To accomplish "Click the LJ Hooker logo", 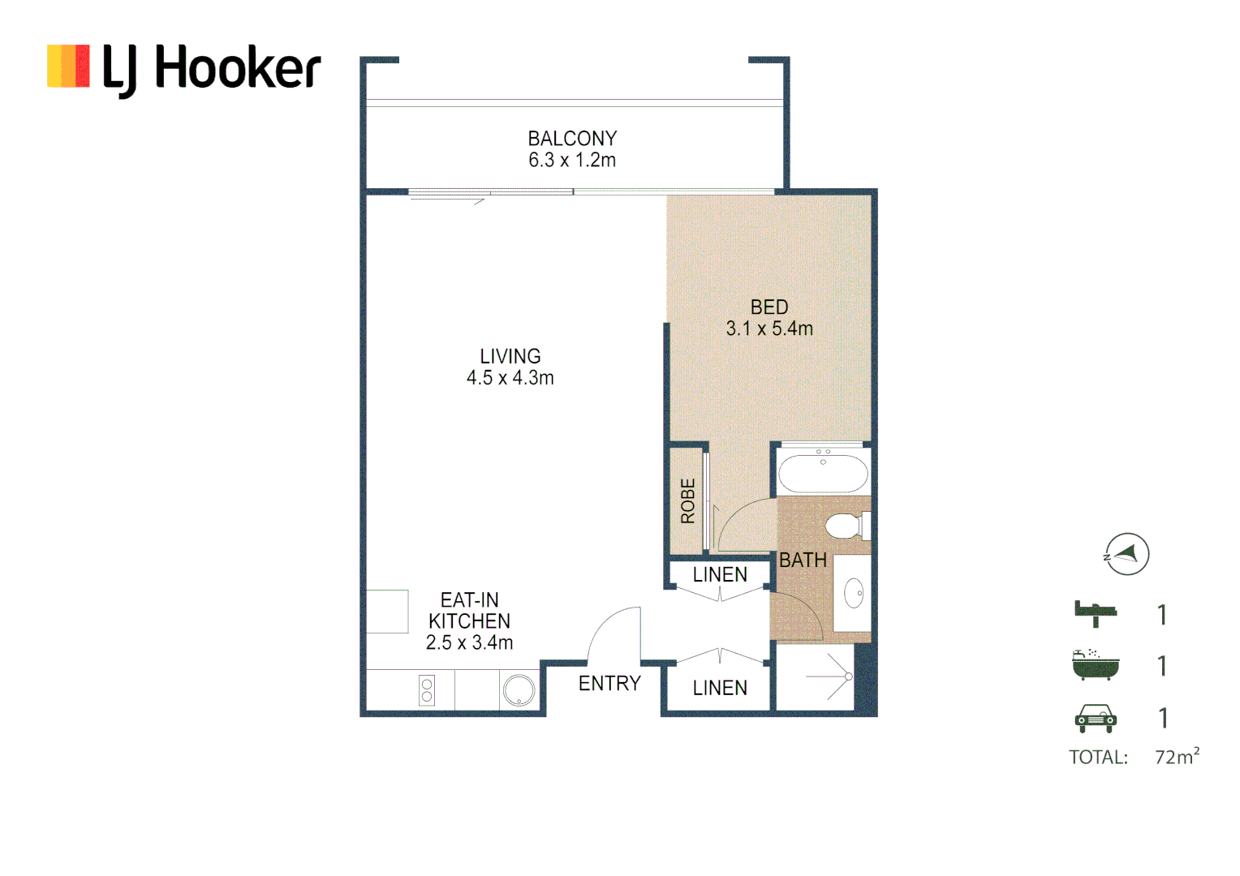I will coord(184,68).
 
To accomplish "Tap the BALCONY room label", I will coord(572,139).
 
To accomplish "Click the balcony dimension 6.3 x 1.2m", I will coord(572,161).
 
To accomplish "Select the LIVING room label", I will coord(510,356).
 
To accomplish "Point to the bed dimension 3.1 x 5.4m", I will coord(769,328).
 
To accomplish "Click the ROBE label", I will coord(688,500).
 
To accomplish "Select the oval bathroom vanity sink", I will coord(854,593).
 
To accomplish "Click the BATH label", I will coord(803,560).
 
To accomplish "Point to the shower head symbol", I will coord(848,676).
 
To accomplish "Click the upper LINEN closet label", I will coord(720,575).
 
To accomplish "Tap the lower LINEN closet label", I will coord(720,689).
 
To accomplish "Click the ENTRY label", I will coord(609,684).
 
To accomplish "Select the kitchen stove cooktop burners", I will coord(427,690).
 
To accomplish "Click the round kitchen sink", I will coord(519,691).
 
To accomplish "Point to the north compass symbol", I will coord(1126,555).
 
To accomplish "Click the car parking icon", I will coord(1096,718).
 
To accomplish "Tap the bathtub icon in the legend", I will coord(1095,664).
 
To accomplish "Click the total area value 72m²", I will coord(1177,757).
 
